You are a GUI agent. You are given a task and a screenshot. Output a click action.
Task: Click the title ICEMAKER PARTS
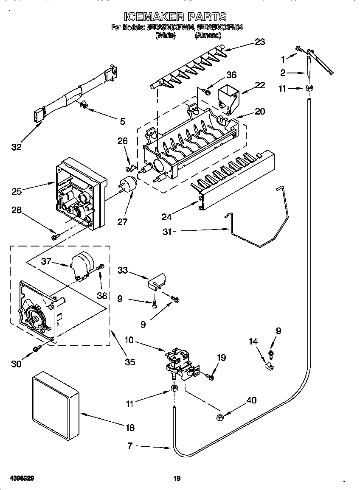(x=175, y=17)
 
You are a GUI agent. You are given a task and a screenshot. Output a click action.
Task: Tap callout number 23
(x=259, y=42)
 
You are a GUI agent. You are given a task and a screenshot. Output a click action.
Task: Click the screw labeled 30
(x=37, y=348)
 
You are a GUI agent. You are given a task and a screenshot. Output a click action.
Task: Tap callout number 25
(x=17, y=191)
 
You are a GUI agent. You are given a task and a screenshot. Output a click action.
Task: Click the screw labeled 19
(x=210, y=376)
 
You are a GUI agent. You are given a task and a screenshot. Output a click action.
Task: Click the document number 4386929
(x=21, y=478)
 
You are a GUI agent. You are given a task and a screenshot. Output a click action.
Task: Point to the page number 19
(x=177, y=479)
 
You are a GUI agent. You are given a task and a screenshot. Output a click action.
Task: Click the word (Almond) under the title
(x=208, y=36)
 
